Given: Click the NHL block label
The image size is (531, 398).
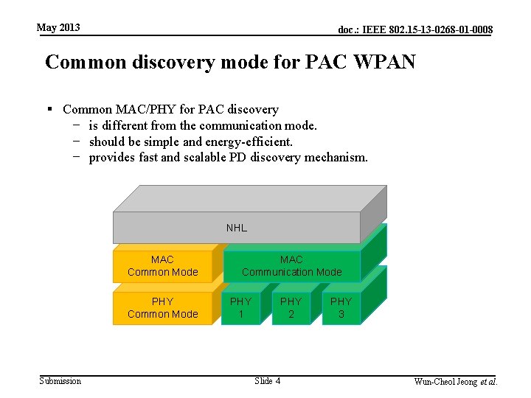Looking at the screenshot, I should point(236,228).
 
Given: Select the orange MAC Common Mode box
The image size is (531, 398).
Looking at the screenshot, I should point(163,266).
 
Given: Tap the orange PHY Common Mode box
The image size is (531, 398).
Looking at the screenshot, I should point(163,308).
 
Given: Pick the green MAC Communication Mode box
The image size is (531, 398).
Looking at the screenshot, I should point(291,266).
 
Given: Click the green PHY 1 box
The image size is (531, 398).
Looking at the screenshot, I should point(240,308).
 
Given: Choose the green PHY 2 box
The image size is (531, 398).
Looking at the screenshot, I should point(291,308).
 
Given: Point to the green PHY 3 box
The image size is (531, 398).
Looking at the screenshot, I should point(341,308).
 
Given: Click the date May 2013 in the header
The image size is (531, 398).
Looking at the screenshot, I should point(58,28).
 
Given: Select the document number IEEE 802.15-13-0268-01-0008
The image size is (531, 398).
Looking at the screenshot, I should point(415,30).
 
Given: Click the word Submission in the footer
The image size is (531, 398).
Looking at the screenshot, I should point(60,381).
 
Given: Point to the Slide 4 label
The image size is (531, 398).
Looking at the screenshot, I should point(267,381).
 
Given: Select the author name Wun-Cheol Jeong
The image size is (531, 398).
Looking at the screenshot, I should point(445,382).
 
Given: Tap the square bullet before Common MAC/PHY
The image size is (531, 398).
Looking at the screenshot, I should point(51,110).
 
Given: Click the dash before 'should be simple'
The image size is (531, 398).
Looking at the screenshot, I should point(77,142).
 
